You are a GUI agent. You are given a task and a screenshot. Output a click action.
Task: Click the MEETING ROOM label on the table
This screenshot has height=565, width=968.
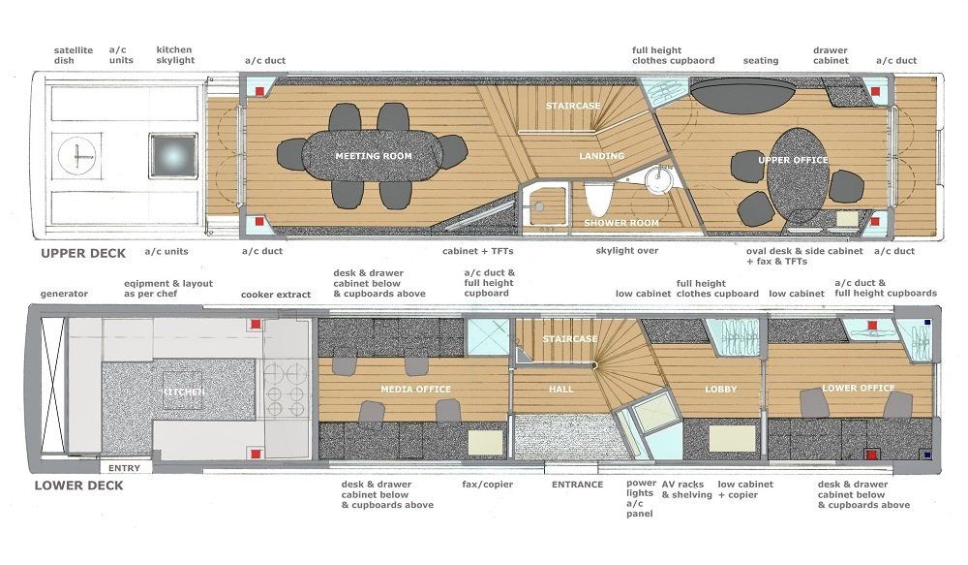(374, 156)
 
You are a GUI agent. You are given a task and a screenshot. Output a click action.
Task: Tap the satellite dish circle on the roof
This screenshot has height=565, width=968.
(77, 156)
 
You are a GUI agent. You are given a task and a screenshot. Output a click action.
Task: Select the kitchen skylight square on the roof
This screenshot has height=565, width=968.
(173, 156)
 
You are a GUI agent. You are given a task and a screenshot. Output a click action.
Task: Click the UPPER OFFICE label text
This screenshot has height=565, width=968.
(794, 160)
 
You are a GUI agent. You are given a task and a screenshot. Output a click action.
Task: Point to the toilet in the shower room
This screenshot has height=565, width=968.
(597, 198)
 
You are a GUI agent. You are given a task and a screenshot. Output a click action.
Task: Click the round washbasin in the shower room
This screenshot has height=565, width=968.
(658, 180)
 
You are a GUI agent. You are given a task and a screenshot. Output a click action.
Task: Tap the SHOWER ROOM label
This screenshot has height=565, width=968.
(621, 223)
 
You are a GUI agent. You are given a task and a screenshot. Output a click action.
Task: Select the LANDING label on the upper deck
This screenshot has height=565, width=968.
(602, 156)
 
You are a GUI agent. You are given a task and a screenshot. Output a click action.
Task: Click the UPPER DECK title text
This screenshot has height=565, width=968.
(83, 254)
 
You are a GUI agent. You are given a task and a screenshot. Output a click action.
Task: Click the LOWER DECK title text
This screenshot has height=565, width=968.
(79, 486)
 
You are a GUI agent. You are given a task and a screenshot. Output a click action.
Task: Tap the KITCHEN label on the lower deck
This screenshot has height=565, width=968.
(183, 392)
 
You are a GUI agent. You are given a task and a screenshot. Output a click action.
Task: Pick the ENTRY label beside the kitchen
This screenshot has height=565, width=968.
(124, 468)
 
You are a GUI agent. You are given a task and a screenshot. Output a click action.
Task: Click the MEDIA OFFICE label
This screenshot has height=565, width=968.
(415, 389)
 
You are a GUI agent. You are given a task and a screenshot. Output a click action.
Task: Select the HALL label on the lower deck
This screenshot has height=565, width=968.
(561, 389)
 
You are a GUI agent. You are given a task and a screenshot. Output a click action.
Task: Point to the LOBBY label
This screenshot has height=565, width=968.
(721, 389)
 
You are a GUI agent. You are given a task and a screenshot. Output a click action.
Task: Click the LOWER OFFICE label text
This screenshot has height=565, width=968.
(858, 388)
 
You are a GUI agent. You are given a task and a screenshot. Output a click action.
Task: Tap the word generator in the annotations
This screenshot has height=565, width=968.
(64, 295)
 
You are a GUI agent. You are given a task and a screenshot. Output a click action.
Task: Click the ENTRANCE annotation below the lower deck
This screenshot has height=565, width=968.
(577, 485)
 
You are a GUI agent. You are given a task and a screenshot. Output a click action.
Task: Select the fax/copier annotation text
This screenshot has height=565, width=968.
(488, 485)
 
